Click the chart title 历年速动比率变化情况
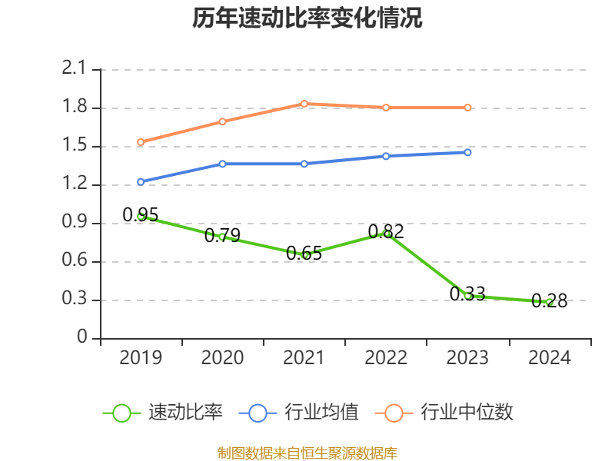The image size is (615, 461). click(307, 18)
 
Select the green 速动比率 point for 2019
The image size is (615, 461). click(141, 217)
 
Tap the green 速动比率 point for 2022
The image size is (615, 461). click(386, 233)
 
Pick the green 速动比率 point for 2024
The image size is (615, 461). click(549, 302)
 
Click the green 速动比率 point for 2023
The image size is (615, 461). click(467, 296)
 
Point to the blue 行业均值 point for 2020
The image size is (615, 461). click(222, 164)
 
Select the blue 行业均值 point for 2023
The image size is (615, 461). click(467, 152)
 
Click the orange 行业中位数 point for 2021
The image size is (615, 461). click(304, 104)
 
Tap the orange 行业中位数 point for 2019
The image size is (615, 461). click(141, 142)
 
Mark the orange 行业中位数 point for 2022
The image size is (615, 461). click(386, 108)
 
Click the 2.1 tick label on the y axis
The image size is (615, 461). click(75, 69)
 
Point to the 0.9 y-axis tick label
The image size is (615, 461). click(75, 223)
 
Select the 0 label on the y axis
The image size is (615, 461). click(83, 338)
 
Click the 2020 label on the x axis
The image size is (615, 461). click(222, 358)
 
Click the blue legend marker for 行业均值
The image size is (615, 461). click(258, 413)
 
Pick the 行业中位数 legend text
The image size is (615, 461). click(467, 413)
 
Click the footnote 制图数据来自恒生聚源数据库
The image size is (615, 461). click(307, 453)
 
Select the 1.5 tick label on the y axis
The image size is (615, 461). click(75, 146)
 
